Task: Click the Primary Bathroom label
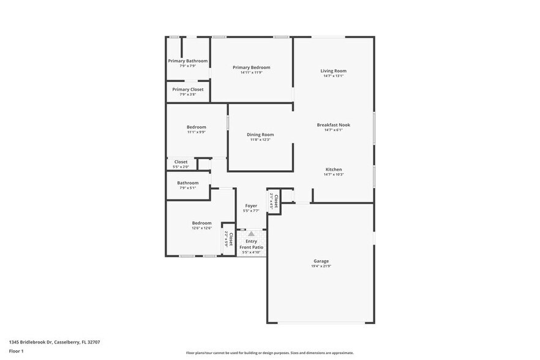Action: coord(188,61)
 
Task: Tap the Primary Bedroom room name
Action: coord(251,67)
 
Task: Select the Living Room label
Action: coord(334,71)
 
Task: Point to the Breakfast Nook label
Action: coord(334,125)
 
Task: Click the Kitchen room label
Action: coord(334,170)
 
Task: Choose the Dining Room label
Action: coord(260,135)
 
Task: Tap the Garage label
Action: coord(321,261)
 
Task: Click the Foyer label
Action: coord(251,206)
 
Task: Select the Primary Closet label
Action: coord(188,89)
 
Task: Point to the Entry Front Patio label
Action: coord(251,244)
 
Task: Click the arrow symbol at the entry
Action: coord(251,233)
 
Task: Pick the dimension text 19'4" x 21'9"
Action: coord(321,266)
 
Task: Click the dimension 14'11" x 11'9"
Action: coord(251,73)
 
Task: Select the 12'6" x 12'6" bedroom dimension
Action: coord(201,228)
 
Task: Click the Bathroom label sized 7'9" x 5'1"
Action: coord(188,182)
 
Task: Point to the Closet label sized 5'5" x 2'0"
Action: coord(181,162)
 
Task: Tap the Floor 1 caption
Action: coord(16,351)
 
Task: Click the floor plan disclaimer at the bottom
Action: coord(270,353)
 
